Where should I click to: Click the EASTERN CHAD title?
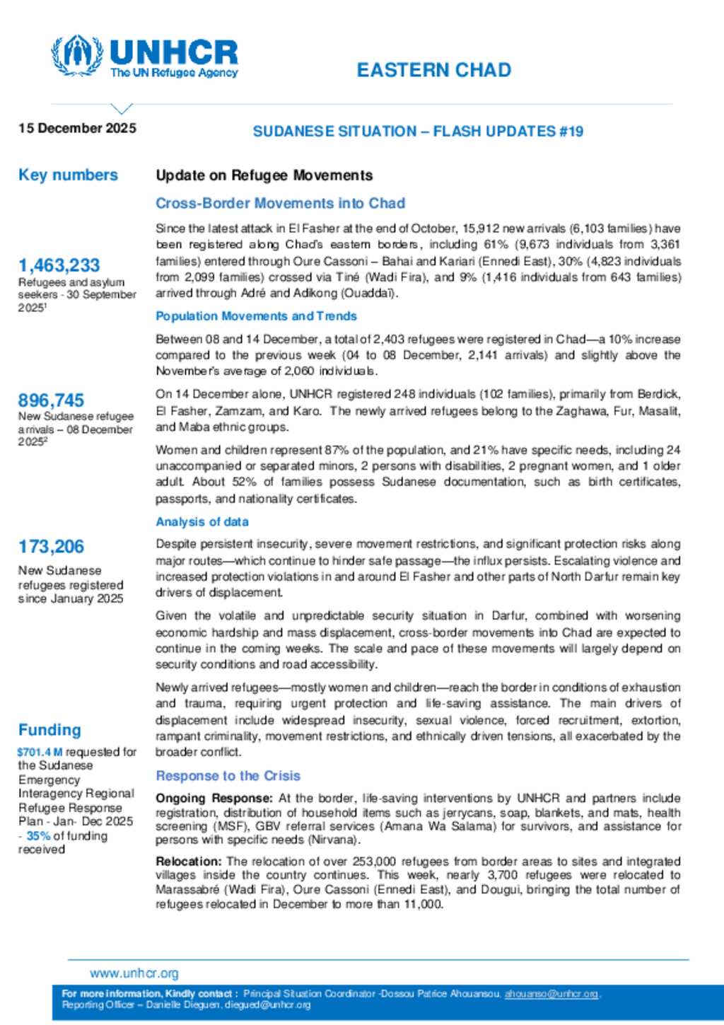tap(433, 70)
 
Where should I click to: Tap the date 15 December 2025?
tap(77, 128)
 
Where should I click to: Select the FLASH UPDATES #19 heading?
tap(508, 132)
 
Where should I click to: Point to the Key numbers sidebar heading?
tap(68, 175)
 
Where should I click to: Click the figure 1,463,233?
tap(59, 265)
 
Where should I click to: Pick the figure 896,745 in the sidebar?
tap(51, 400)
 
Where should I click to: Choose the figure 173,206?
tap(51, 547)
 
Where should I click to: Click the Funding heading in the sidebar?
tap(49, 730)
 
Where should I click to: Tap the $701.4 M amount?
tap(40, 752)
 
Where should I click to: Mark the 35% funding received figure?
tap(38, 835)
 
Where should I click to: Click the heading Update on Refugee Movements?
tap(264, 175)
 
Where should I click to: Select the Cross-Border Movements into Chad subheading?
tap(280, 204)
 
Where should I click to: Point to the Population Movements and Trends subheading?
tap(256, 316)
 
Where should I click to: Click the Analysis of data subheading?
tap(202, 522)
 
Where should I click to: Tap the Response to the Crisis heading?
tap(228, 776)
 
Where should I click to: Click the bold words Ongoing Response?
tap(214, 798)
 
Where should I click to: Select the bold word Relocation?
tap(189, 862)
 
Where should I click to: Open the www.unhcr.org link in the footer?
tap(134, 973)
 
